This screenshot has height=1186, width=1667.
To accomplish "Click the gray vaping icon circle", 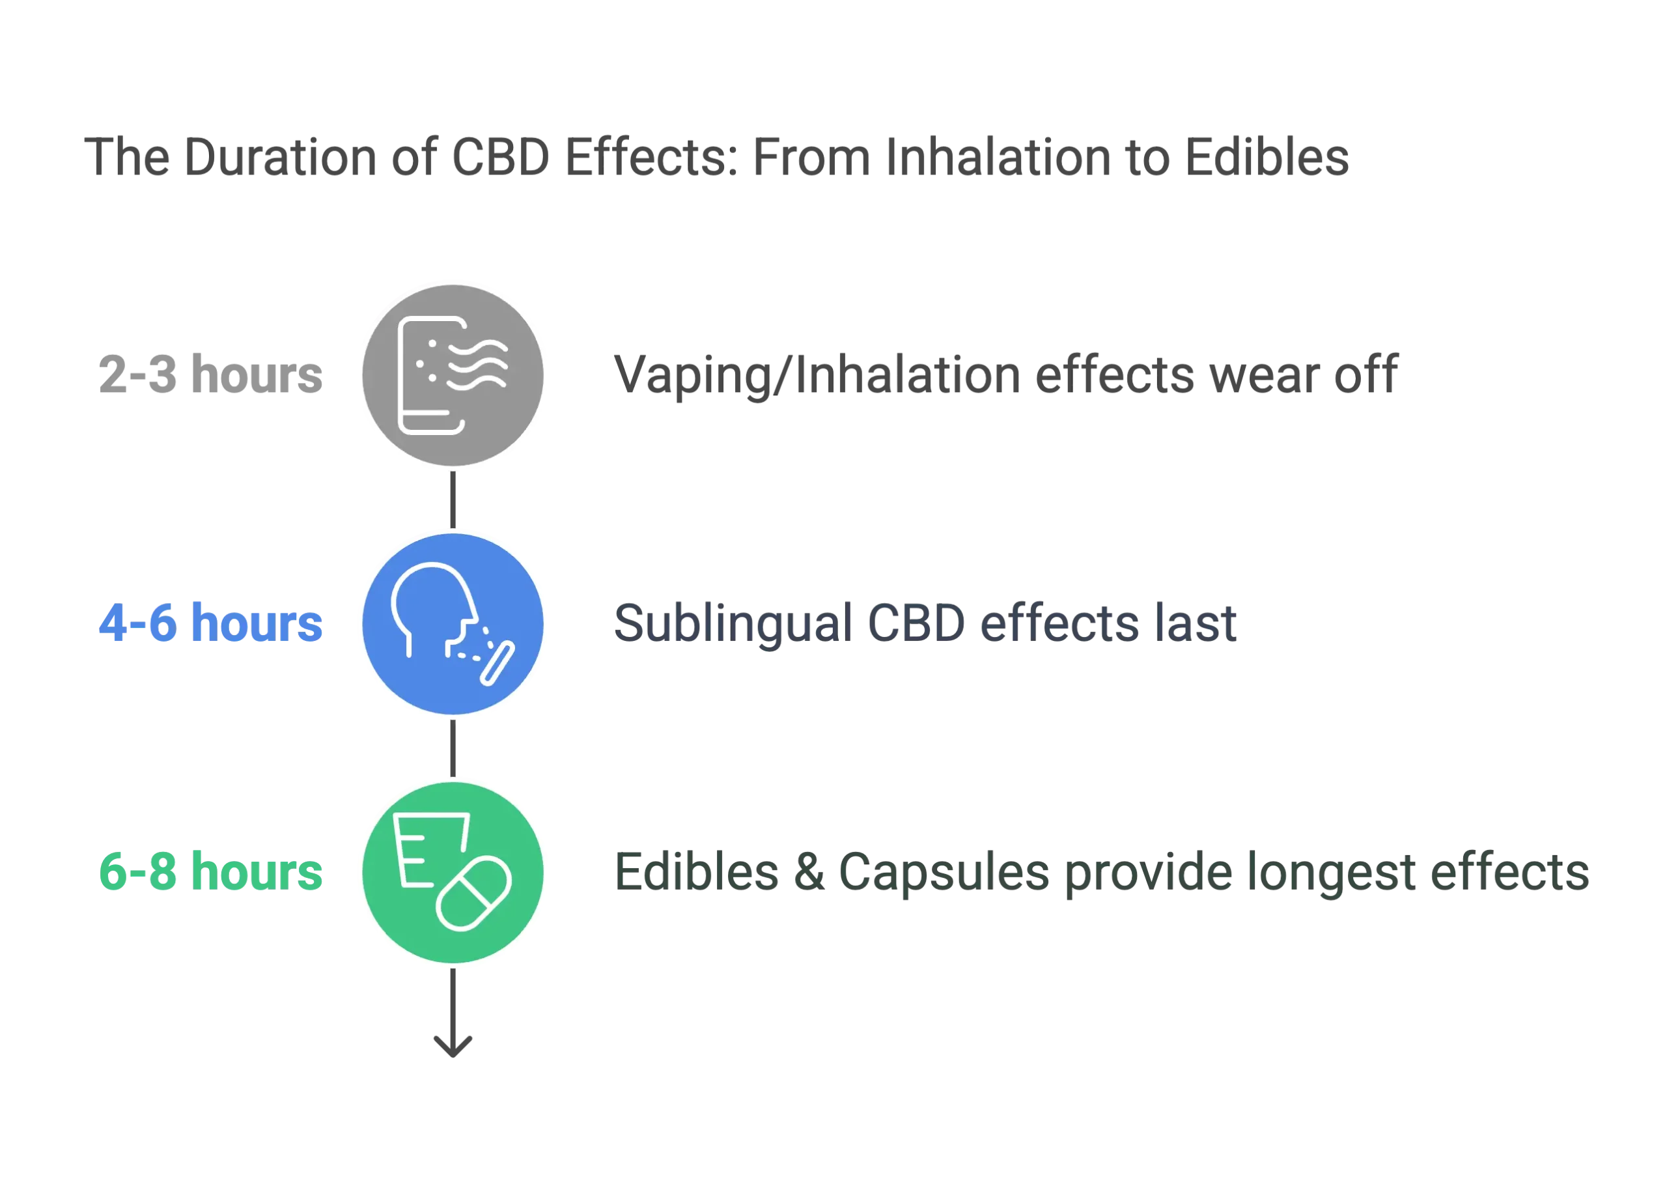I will point(453,374).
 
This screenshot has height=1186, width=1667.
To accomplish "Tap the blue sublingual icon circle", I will point(453,623).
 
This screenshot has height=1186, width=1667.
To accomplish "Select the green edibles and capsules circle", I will point(453,872).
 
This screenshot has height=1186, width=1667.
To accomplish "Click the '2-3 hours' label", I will point(210,374).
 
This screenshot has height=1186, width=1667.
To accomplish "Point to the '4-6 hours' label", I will point(210,623).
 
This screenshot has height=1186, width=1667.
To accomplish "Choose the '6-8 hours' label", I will point(210,871).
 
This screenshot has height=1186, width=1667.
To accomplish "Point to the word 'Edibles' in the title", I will point(1267,157).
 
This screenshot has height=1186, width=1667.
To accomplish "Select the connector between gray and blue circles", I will point(453,499).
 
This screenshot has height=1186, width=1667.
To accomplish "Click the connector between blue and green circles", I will point(453,748).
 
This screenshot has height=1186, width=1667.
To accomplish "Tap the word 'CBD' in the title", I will point(499,157).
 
